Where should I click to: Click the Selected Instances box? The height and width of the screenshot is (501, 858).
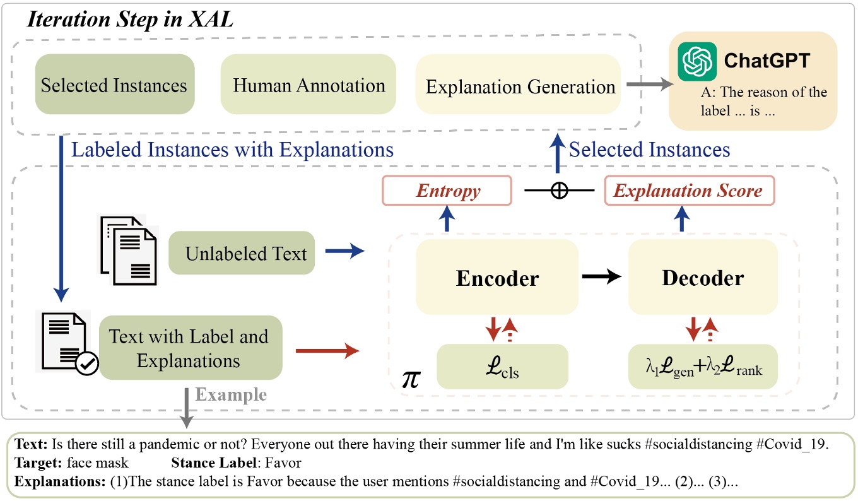(x=114, y=85)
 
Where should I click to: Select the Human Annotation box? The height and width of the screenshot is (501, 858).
(x=309, y=85)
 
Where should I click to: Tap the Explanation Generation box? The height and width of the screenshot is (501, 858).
(x=520, y=86)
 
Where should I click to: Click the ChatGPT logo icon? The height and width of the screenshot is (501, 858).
(x=697, y=61)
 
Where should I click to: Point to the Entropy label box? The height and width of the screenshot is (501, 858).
(x=447, y=191)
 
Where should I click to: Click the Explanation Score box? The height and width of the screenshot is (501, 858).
(x=688, y=191)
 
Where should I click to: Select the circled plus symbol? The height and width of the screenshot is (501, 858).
(x=558, y=191)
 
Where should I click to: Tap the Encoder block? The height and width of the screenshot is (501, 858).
(x=497, y=277)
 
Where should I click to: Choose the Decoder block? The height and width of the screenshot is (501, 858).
(x=703, y=277)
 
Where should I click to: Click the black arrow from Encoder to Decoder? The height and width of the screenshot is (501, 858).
(x=603, y=276)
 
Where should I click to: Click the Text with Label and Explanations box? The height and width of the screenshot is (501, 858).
(x=189, y=348)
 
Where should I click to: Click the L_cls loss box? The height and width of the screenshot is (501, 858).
(x=502, y=366)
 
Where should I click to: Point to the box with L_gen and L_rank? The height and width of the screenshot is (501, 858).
(x=703, y=366)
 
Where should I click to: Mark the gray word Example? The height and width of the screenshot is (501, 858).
(x=231, y=395)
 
